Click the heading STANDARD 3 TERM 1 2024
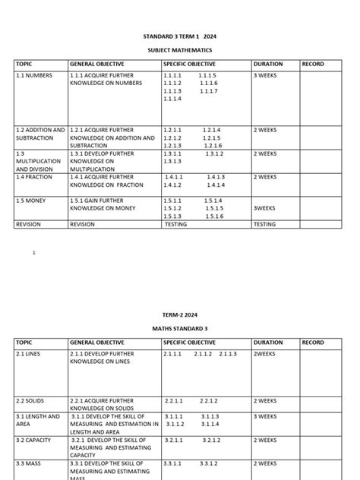tap(179, 36)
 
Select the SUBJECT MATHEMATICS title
tap(179, 50)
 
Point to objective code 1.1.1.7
tap(209, 91)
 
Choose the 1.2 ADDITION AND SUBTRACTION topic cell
tap(40, 134)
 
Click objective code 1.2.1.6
tap(212, 146)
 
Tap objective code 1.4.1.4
tap(216, 185)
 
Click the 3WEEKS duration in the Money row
tap(266, 208)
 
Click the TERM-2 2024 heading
tap(179, 314)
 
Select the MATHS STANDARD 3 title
tap(179, 329)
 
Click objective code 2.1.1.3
tap(228, 354)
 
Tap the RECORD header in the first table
tap(313, 65)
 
